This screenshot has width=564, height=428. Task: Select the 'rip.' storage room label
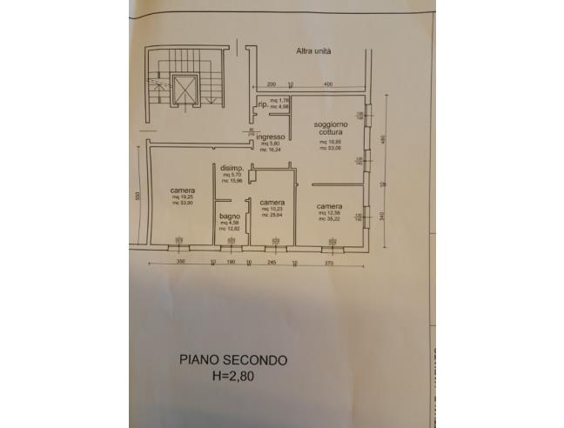coord(262,106)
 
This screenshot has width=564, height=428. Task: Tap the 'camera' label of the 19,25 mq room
coord(182,190)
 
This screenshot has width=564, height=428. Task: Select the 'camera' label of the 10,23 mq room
coord(272,202)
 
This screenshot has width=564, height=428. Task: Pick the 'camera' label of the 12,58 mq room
coord(329,205)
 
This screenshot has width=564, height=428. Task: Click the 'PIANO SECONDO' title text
coord(232,358)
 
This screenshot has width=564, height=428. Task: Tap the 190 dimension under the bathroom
coord(231,261)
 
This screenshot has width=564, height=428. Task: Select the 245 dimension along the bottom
coord(271,261)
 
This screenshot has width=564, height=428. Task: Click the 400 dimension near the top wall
coord(329,84)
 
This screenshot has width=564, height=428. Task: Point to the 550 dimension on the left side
coord(138,195)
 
